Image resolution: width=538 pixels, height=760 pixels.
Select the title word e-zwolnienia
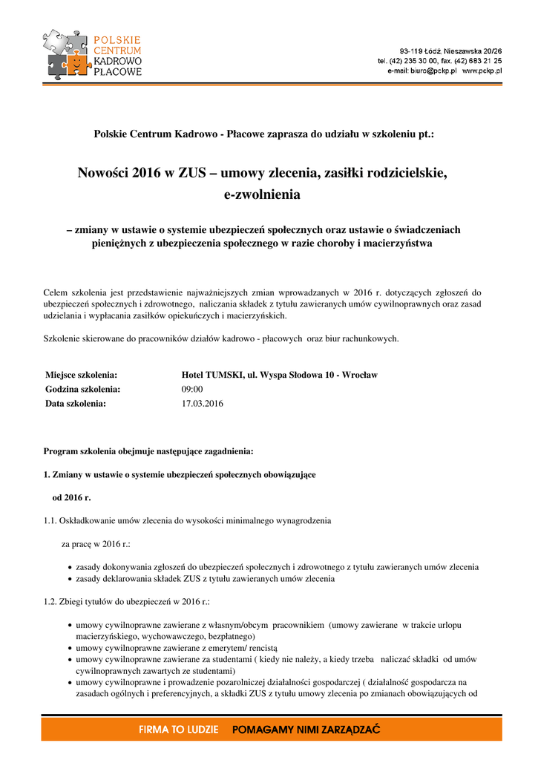click(262, 195)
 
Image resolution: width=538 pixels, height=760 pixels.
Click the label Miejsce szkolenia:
click(82, 375)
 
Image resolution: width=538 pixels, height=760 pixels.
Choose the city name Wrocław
click(359, 375)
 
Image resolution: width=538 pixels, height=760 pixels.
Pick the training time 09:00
click(192, 389)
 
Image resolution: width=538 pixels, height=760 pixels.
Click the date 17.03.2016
click(202, 404)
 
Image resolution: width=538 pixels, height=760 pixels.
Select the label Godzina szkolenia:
click(83, 389)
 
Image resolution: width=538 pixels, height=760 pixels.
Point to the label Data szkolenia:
click(76, 404)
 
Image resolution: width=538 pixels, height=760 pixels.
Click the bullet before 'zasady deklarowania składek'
click(70, 579)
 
